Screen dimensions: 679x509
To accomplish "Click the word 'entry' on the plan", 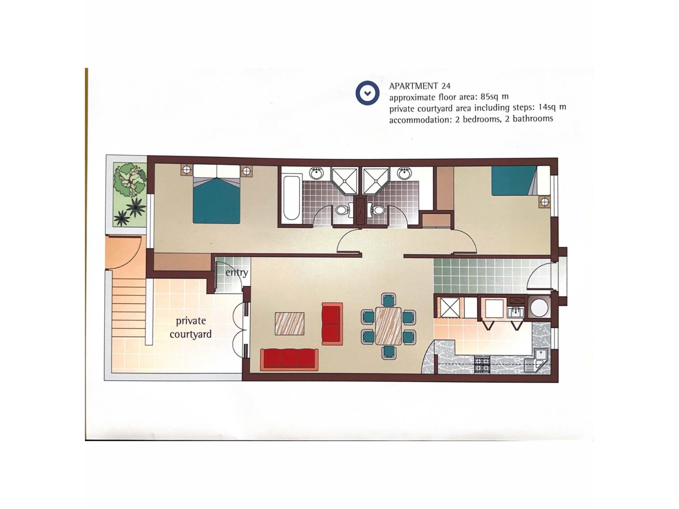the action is click(x=237, y=273).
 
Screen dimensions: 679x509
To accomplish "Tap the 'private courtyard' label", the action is click(x=191, y=327).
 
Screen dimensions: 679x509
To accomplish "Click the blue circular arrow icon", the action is click(x=367, y=93).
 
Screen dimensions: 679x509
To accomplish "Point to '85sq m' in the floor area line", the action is click(x=494, y=96).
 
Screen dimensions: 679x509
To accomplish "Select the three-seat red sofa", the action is click(x=289, y=359).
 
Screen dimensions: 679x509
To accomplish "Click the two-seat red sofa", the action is click(x=332, y=323).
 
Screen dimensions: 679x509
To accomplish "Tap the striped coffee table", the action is click(x=290, y=323).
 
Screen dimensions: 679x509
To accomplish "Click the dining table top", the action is click(x=388, y=326).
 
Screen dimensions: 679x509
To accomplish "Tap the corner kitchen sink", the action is click(x=537, y=360).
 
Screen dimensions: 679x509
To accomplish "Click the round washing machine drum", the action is click(x=539, y=308).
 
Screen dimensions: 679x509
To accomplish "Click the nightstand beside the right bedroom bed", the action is click(x=545, y=202).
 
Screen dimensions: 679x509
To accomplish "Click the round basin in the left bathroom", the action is click(x=317, y=173).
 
